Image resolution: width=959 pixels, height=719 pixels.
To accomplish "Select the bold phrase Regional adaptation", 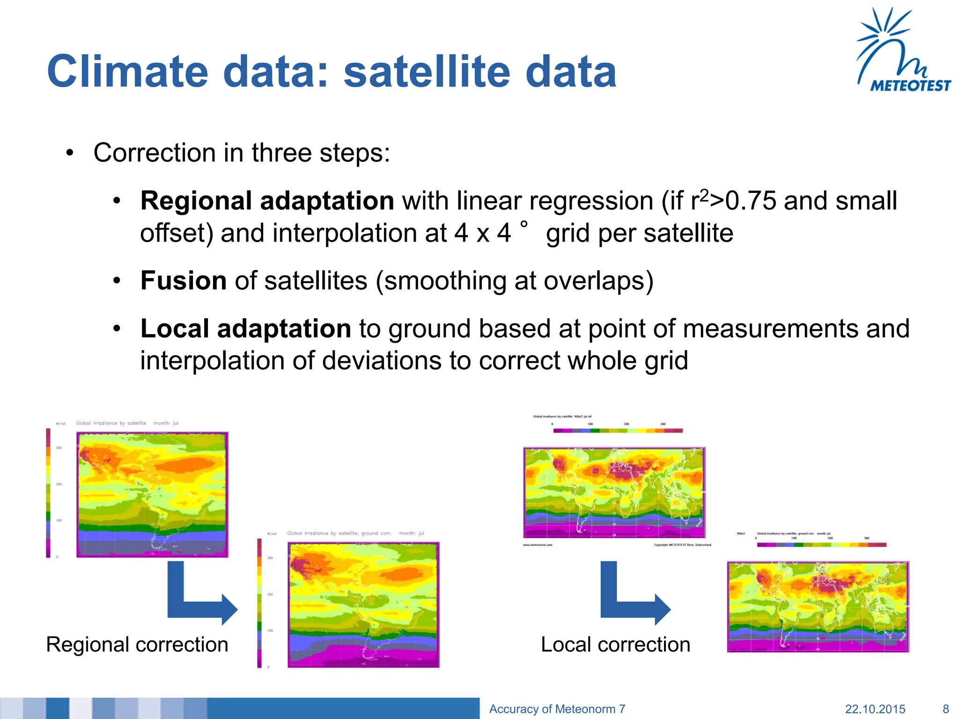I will (x=267, y=201).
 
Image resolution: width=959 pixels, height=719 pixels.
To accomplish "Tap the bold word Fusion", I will (x=184, y=281).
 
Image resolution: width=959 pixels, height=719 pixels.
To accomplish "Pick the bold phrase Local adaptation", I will (x=245, y=329).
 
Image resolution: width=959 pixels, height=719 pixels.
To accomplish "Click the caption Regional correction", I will (x=137, y=645).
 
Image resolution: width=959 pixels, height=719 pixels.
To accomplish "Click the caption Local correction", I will (x=615, y=645).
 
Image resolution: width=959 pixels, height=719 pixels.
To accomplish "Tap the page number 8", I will (x=945, y=709).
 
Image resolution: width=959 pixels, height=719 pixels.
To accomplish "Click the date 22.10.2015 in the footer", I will (x=875, y=709).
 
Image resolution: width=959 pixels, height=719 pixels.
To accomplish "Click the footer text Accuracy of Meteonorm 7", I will (x=557, y=709).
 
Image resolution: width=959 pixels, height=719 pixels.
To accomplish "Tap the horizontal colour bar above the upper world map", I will (x=618, y=431).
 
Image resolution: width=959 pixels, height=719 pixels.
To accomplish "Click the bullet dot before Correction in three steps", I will (x=70, y=153).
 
